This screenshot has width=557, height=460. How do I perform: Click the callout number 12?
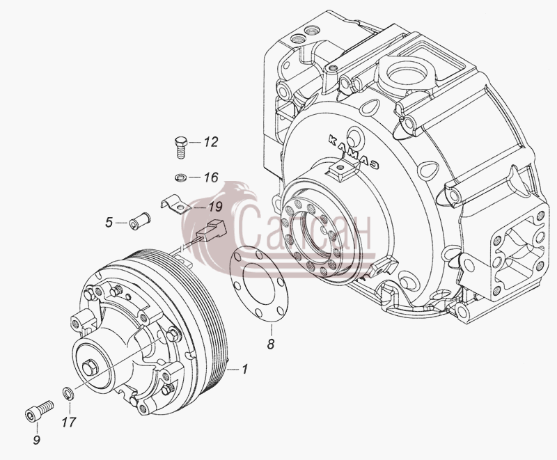(210, 143)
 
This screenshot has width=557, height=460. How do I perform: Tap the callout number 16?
(211, 177)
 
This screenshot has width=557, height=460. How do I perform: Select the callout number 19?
(215, 207)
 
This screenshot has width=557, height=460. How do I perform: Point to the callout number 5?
(109, 223)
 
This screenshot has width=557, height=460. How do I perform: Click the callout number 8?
(271, 344)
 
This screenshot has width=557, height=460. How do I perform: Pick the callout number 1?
(244, 370)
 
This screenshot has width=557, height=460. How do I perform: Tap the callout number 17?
(69, 422)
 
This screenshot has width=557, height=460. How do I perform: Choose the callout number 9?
(37, 441)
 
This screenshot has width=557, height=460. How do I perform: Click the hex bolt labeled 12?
(181, 148)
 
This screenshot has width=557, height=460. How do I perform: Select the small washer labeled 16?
(181, 177)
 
